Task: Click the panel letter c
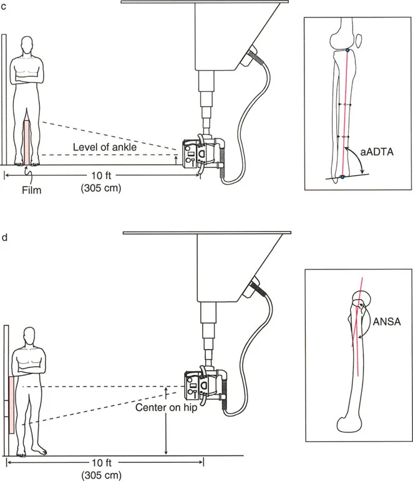(4, 6)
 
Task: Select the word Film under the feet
(29, 190)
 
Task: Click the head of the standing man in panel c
(27, 46)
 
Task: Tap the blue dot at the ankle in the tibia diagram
(343, 178)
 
